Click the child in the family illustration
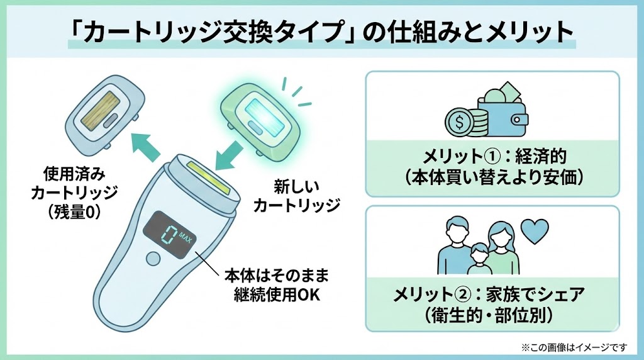(479, 259)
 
